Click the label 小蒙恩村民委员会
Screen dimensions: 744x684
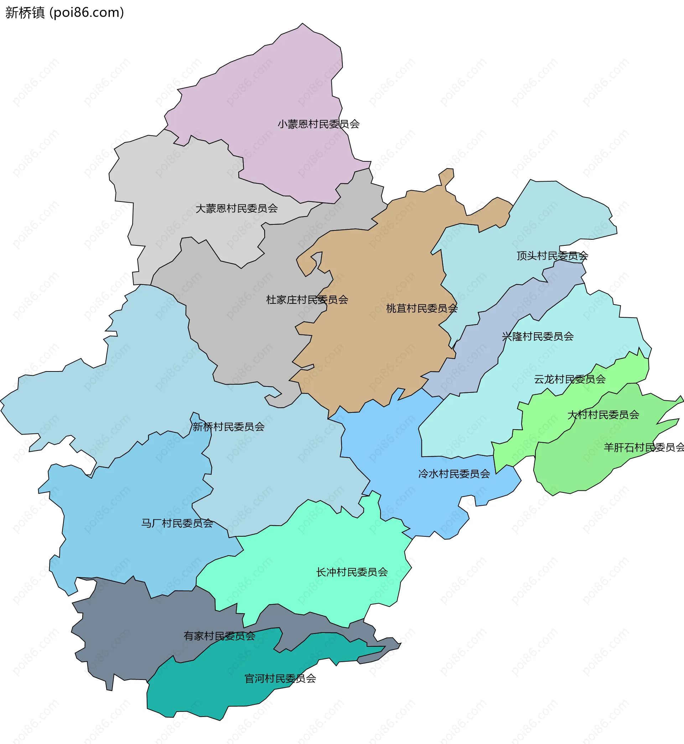click(x=319, y=124)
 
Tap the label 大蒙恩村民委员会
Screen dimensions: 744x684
click(x=237, y=209)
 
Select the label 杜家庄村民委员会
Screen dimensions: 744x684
click(x=307, y=300)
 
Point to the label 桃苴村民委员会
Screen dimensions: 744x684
click(x=421, y=308)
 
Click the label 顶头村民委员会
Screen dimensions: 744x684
click(x=552, y=256)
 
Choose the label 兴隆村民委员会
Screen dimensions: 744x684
click(x=538, y=337)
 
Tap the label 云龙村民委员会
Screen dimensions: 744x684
click(x=570, y=379)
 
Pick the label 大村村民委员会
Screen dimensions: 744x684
click(x=603, y=415)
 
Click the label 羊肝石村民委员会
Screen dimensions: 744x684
click(x=644, y=448)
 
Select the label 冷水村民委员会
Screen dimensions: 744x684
click(x=454, y=474)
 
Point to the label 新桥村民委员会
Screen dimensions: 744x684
click(x=228, y=427)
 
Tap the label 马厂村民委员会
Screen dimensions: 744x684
click(x=177, y=524)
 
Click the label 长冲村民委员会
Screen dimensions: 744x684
click(x=352, y=572)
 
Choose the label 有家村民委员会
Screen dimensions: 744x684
click(x=219, y=636)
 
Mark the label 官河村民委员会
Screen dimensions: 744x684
click(x=280, y=678)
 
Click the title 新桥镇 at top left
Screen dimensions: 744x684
click(x=25, y=12)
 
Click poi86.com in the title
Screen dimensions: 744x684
click(x=87, y=12)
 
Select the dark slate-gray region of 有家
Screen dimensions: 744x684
click(x=122, y=636)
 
